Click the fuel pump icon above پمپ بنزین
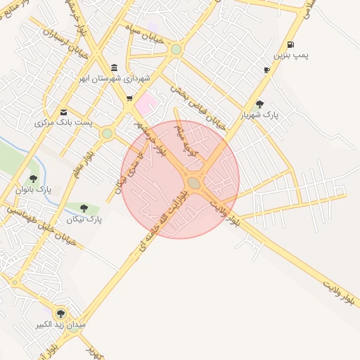click(x=290, y=44)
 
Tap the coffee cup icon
click(x=266, y=70)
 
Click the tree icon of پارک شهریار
click(x=260, y=103)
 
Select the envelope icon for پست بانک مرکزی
click(x=64, y=111)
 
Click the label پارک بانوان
click(x=34, y=190)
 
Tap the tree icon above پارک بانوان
click(x=33, y=179)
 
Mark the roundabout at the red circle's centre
click(x=194, y=183)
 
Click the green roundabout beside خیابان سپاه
click(x=176, y=50)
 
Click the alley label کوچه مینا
click(x=189, y=139)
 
